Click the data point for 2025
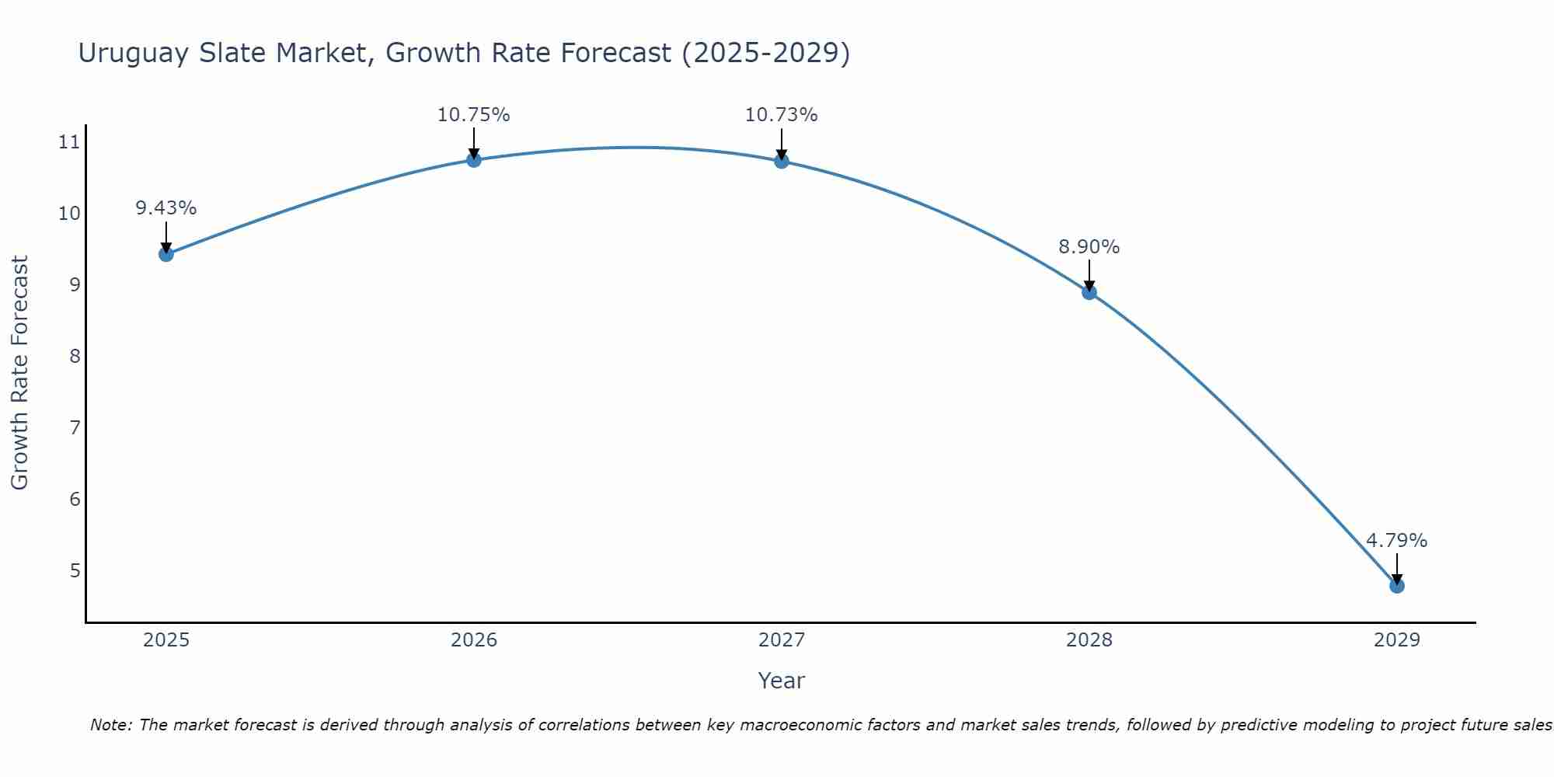pos(166,254)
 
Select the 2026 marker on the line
pos(474,160)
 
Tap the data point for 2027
pos(782,161)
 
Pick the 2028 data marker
pos(1089,292)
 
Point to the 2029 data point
pos(1397,586)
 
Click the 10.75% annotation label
pos(474,115)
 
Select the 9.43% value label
pos(166,208)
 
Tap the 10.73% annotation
pos(782,115)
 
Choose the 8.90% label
pos(1089,247)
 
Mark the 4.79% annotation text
pos(1397,541)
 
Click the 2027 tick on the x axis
pos(782,640)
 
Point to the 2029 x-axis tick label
pos(1397,640)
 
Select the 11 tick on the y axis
pos(69,142)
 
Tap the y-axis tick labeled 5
pos(75,571)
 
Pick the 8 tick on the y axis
pos(75,357)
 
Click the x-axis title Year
pos(782,681)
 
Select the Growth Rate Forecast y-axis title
pos(20,373)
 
